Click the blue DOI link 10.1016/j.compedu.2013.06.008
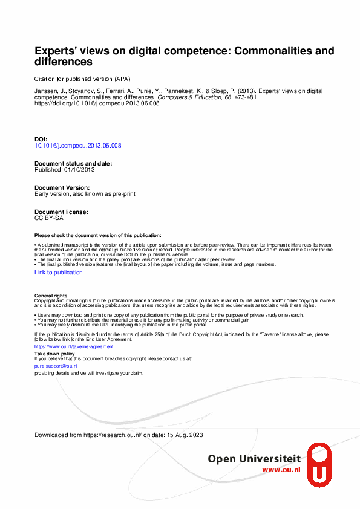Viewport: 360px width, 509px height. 78,146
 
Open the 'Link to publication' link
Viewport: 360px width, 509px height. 59,273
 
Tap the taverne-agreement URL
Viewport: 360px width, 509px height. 65,347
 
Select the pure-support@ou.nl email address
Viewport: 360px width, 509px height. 56,366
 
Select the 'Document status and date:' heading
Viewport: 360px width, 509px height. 73,164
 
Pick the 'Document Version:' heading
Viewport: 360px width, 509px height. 62,188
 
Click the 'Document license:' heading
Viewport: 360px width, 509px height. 62,212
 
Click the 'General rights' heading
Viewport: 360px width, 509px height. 51,296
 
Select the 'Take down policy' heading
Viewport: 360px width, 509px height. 55,353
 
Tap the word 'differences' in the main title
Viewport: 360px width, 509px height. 64,62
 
